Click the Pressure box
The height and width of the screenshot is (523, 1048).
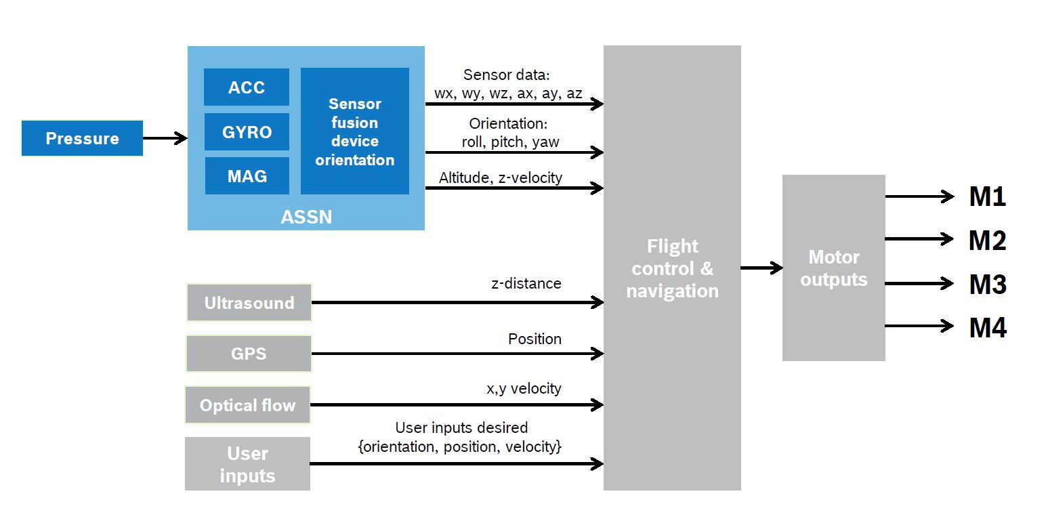click(83, 138)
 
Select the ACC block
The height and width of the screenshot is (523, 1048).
click(247, 87)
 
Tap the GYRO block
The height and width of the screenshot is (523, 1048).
click(247, 132)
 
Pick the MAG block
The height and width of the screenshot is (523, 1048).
click(247, 176)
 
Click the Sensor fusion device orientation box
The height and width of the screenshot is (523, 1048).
click(354, 131)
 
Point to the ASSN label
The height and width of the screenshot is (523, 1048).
click(306, 217)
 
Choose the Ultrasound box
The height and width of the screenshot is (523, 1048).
click(249, 303)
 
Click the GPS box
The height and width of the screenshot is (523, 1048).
click(249, 354)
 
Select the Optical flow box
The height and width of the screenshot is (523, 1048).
click(247, 405)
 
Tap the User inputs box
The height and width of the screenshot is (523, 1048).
click(247, 463)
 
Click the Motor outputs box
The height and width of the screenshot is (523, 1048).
click(834, 268)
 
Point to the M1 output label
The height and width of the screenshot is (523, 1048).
click(988, 196)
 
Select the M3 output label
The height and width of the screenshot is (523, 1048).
click(988, 284)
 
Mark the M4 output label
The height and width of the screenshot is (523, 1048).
click(988, 327)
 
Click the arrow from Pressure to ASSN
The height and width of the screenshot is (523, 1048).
click(165, 138)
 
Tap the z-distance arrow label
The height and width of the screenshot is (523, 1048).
click(526, 283)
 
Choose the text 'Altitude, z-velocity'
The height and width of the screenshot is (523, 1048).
click(501, 177)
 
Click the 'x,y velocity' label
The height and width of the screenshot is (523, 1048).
click(524, 389)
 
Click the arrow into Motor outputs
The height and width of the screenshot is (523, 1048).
click(761, 268)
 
